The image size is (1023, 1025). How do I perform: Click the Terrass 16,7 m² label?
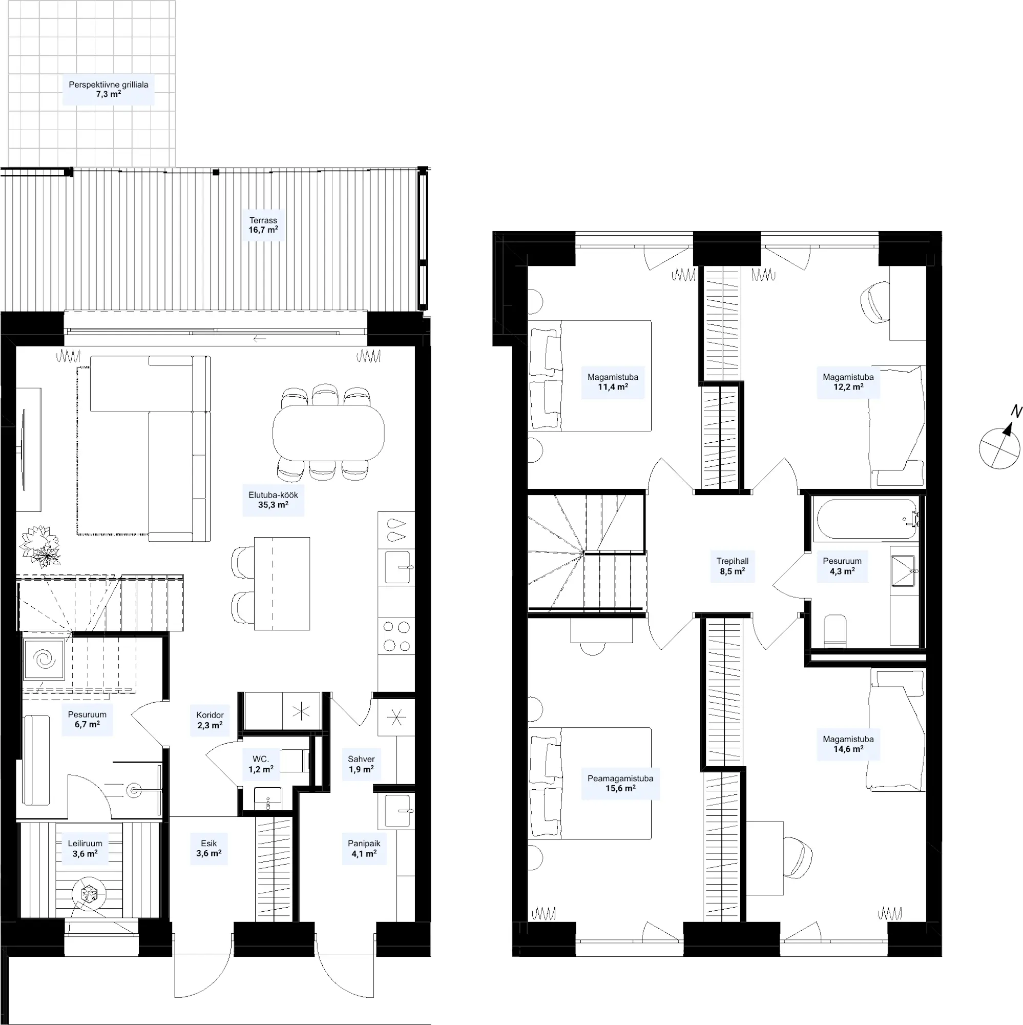(263, 225)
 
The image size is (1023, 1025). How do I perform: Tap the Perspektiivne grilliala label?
(109, 85)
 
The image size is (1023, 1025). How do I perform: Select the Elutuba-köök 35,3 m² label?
(273, 500)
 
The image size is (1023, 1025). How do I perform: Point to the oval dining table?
(328, 433)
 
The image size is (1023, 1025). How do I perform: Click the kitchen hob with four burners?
(396, 636)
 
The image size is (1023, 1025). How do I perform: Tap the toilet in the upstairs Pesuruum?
(836, 631)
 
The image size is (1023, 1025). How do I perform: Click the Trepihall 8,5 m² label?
(733, 566)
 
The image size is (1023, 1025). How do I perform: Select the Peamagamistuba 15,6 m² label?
(620, 783)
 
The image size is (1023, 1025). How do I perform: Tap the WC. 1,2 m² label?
(261, 764)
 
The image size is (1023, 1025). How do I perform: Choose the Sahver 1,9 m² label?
(361, 764)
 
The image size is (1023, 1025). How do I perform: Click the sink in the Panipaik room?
(397, 811)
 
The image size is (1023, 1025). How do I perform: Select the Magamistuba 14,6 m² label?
(848, 744)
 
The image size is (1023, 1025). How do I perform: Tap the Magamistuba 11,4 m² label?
(613, 382)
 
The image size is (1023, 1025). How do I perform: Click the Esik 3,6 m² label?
(208, 848)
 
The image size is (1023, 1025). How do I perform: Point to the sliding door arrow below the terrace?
(260, 338)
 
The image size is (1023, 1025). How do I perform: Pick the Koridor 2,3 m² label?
(210, 720)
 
